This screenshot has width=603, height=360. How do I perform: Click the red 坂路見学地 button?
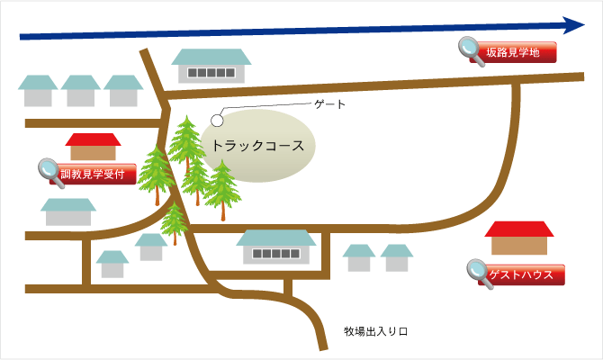[513, 52]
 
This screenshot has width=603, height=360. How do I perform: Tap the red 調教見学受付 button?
[93, 175]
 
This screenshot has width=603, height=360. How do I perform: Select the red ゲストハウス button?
[521, 274]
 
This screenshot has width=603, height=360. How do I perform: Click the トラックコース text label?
[258, 146]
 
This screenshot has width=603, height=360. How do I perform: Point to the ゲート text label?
[330, 104]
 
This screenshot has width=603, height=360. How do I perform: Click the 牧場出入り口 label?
[375, 331]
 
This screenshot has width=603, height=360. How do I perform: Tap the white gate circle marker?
[217, 121]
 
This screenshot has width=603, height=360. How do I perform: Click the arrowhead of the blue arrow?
[574, 25]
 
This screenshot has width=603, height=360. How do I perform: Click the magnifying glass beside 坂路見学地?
[471, 51]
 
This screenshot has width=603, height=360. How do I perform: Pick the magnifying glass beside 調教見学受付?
[51, 173]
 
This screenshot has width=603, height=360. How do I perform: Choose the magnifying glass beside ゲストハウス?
[480, 274]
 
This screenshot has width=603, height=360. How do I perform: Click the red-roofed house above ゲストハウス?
[519, 238]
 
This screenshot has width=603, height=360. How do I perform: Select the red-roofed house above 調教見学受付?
[93, 147]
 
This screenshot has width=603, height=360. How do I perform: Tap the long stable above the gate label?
[211, 66]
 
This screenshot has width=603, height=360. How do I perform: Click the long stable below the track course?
[276, 247]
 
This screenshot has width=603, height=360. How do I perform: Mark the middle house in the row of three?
[81, 91]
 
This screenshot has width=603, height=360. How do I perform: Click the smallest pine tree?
[175, 223]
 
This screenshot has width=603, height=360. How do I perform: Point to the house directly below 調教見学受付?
[68, 211]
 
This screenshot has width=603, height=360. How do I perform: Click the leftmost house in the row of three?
[38, 91]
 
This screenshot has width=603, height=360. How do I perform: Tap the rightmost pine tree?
[222, 191]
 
